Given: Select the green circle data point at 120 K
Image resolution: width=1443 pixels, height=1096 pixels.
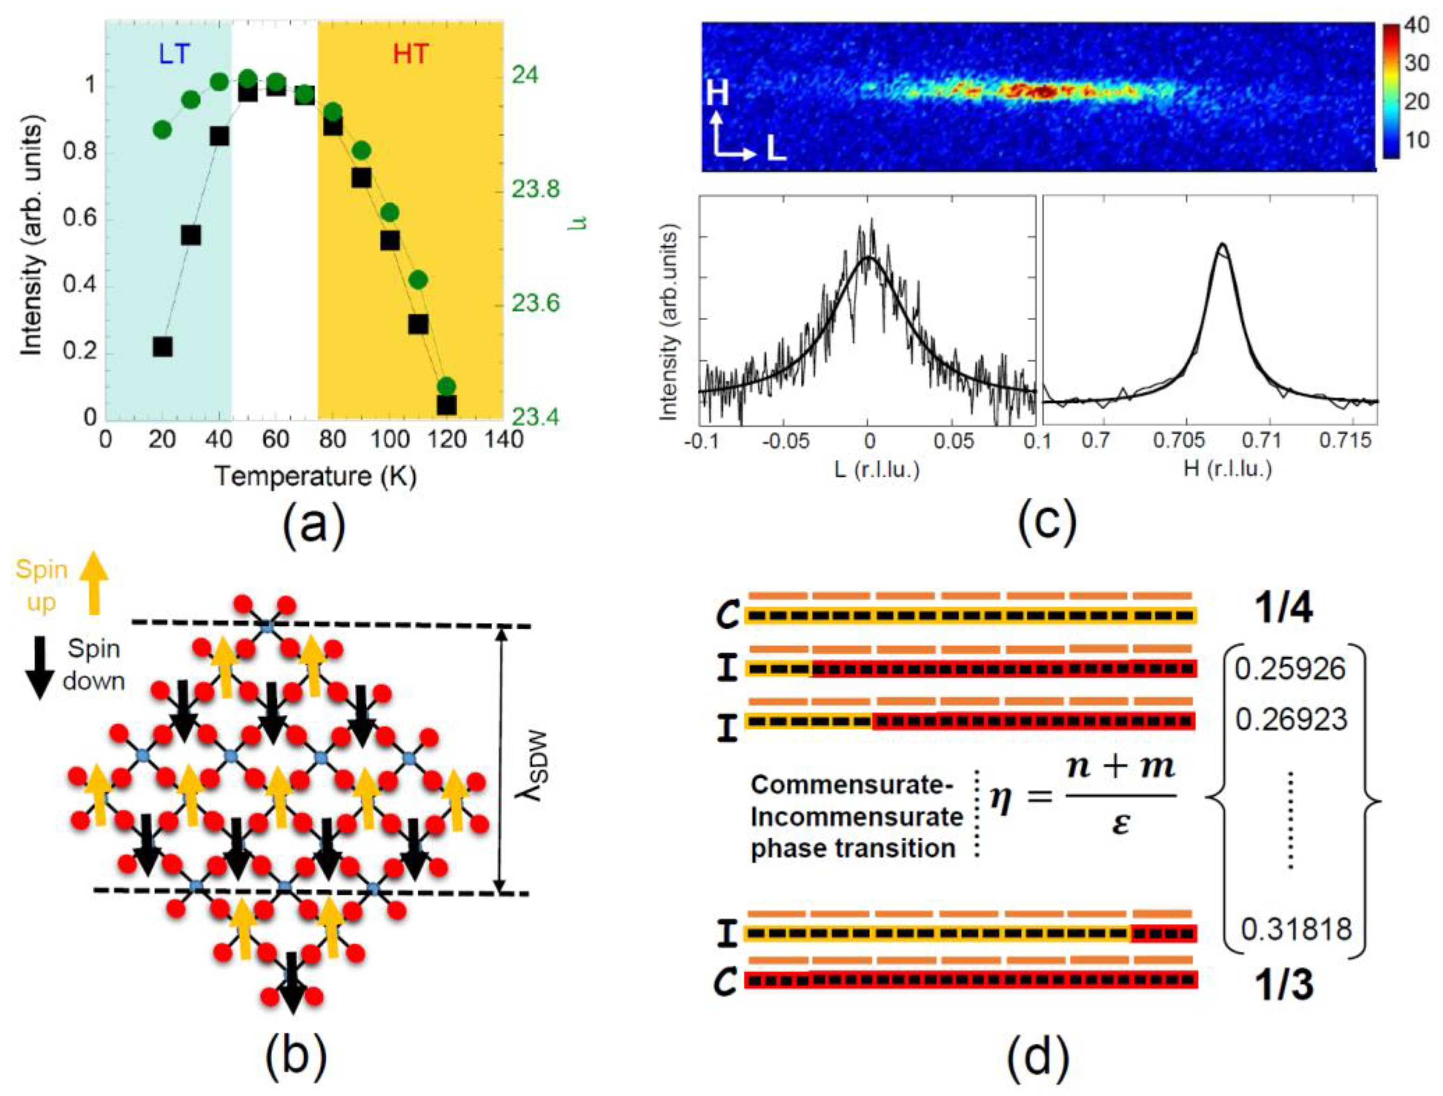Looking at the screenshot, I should (446, 386).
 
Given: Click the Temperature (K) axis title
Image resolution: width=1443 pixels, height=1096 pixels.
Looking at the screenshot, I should (316, 476).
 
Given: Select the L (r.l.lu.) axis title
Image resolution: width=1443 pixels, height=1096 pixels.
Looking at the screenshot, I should (876, 469).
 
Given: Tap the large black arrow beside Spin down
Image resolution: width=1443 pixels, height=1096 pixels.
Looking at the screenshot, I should (40, 668).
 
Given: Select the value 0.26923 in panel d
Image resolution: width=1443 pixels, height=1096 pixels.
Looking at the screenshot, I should (1291, 719).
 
